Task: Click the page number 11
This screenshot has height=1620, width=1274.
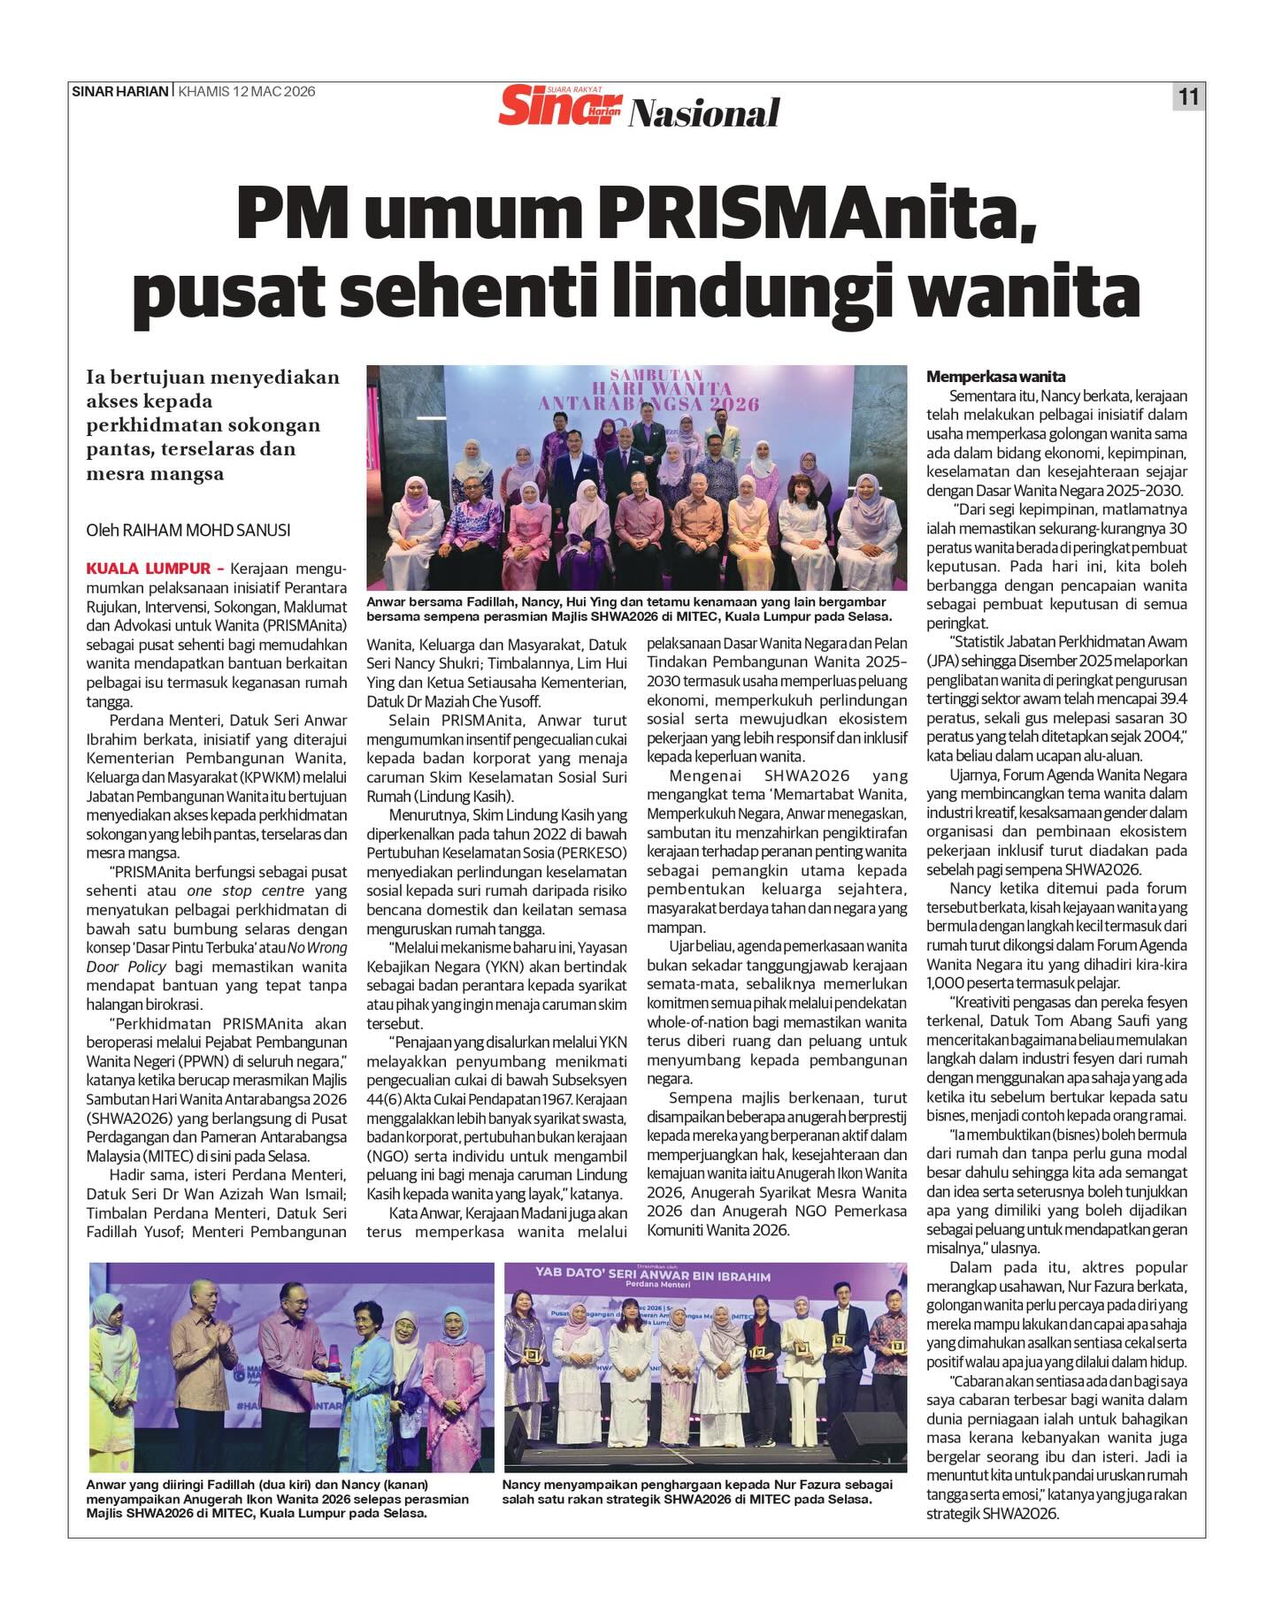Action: point(1188,96)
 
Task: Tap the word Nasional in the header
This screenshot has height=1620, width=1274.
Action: point(704,113)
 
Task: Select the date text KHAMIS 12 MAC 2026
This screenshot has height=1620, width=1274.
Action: point(246,91)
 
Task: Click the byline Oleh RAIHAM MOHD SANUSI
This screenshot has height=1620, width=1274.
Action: point(188,531)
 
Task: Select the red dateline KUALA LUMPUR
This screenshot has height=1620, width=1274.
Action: point(149,569)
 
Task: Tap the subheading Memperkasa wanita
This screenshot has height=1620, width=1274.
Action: point(995,376)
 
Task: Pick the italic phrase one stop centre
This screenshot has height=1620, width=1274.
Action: point(245,890)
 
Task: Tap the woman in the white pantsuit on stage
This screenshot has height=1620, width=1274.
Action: point(803,1389)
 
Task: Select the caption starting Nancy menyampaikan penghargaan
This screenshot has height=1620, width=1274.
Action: point(697,1492)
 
